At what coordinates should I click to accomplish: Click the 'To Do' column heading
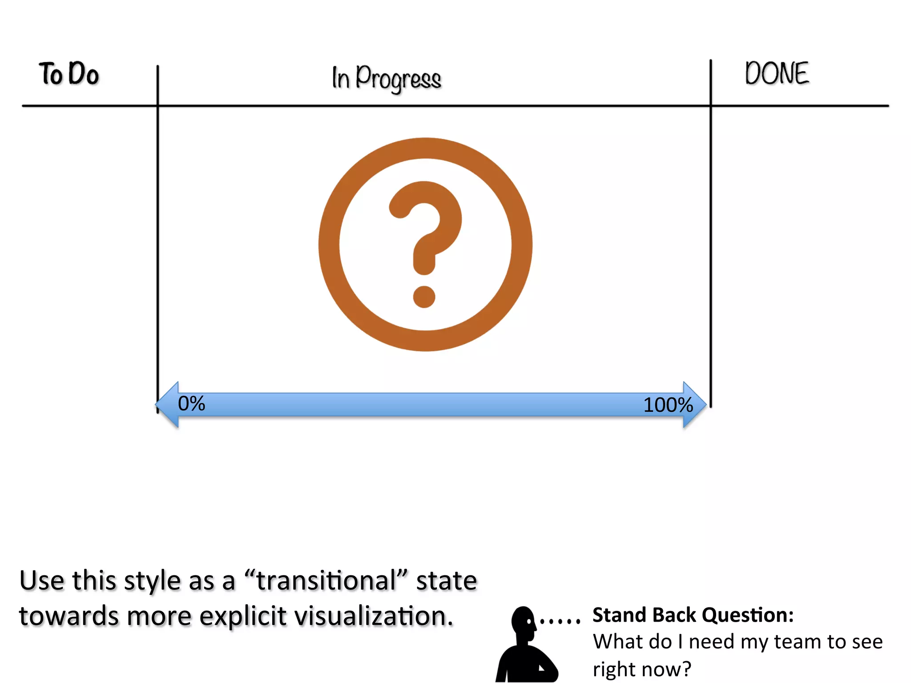69,74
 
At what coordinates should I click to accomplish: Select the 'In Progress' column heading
386,78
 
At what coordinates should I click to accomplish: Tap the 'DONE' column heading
777,73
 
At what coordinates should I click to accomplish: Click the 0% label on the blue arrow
191,404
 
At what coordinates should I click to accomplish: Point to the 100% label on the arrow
668,405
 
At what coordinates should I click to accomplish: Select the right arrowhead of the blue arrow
694,405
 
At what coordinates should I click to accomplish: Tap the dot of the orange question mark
424,297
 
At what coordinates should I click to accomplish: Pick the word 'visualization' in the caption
374,616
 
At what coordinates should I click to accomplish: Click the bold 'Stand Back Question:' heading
693,615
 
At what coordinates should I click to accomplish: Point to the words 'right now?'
642,669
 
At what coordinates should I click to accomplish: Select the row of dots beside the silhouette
560,621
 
